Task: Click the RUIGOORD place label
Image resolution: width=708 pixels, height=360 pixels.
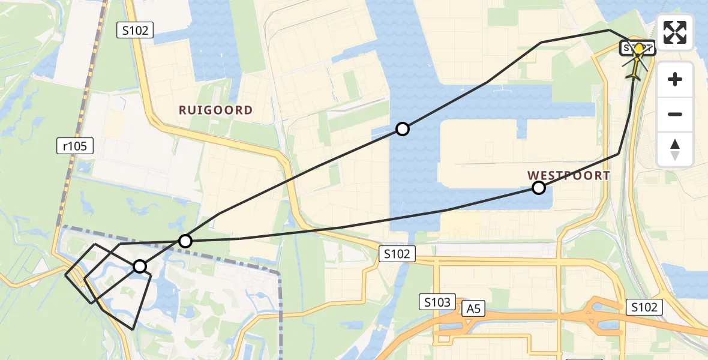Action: (x=215, y=110)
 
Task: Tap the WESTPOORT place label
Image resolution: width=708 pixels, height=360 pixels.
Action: (x=568, y=175)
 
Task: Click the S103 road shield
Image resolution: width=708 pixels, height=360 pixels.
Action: (x=437, y=302)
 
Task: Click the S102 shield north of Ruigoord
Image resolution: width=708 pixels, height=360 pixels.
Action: (x=135, y=29)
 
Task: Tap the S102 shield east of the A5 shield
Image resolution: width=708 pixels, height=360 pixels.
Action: (x=644, y=307)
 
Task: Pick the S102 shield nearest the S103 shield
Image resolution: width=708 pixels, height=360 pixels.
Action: (x=397, y=254)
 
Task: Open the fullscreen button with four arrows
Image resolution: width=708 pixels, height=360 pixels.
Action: (x=675, y=32)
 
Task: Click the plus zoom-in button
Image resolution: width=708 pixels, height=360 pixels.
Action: (x=675, y=79)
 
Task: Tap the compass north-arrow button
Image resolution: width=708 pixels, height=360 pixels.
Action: (x=675, y=149)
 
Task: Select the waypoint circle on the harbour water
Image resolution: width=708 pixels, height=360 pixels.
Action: (x=403, y=129)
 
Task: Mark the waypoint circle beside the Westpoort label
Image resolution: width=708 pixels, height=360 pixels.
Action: (x=539, y=188)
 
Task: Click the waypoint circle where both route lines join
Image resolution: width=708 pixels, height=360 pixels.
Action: (x=185, y=241)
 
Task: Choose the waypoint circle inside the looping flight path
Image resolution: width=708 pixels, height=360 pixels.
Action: (x=140, y=266)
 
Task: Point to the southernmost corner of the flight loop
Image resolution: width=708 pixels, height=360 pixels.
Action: (x=133, y=329)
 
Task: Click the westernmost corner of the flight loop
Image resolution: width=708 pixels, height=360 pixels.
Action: (x=65, y=275)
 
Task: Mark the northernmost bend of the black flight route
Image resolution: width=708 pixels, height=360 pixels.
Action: (x=609, y=29)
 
